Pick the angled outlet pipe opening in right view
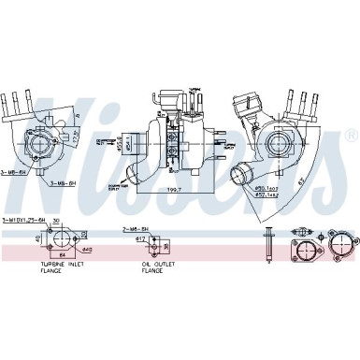point(242,176)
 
